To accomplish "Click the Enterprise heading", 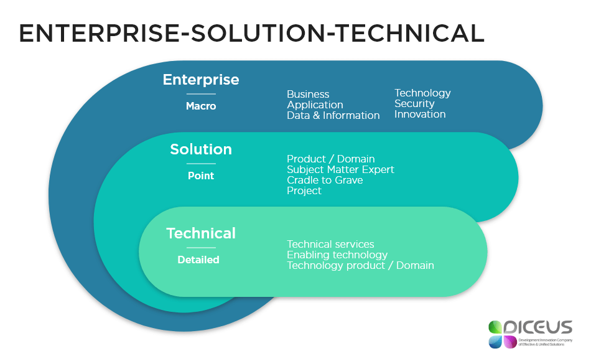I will click(201, 80).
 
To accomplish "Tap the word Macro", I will click(201, 106).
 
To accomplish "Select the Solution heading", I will click(201, 149).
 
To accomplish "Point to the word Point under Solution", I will click(201, 176).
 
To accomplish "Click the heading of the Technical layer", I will click(201, 233).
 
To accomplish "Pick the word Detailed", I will click(198, 260).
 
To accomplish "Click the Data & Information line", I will click(333, 116).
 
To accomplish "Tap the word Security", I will click(414, 104).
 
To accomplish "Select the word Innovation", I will click(420, 115).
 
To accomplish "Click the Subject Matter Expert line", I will click(340, 170).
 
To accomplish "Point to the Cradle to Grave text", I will click(325, 180).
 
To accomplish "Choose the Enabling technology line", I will click(337, 255).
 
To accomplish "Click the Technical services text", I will click(330, 245).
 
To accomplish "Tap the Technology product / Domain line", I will click(360, 266).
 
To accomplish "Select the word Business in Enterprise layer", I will click(308, 95).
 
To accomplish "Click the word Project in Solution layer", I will click(304, 191).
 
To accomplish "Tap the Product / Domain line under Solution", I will click(330, 159).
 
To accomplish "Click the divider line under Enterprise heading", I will click(201, 95).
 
